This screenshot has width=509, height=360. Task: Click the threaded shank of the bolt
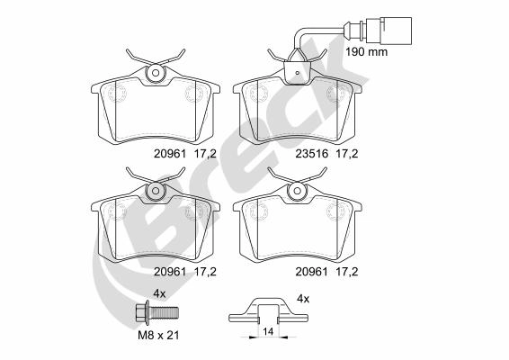[x=165, y=314]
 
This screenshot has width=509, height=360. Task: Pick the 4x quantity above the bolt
[x=159, y=294]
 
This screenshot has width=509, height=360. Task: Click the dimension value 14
[x=267, y=331]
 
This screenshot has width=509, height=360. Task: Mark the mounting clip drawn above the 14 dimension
[x=267, y=313]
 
